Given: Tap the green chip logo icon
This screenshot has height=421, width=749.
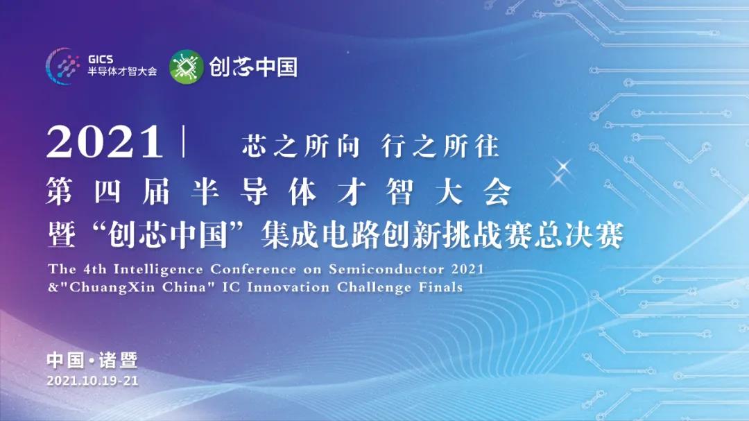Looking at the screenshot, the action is tap(187, 67).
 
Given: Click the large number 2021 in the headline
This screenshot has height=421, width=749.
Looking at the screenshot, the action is tap(105, 141).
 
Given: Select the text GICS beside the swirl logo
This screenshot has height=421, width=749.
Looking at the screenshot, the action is tap(101, 59).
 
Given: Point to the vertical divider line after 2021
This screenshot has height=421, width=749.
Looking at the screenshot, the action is tap(183, 141).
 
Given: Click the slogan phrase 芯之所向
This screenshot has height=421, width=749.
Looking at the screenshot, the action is tap(300, 146).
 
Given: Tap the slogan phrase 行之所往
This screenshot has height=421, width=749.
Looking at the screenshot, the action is tap(440, 146).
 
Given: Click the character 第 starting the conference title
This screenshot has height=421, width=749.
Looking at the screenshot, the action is tap(59, 192).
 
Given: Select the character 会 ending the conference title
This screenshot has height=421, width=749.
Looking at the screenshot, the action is tap(497, 192).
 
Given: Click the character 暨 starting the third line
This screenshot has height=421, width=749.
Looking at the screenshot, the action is tap(62, 235).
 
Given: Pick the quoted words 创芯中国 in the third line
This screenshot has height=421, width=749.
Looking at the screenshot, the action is tap(167, 235).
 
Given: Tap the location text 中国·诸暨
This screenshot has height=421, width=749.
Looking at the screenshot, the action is tap(92, 360).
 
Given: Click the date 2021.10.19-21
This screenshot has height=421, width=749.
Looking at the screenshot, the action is tap(93, 380).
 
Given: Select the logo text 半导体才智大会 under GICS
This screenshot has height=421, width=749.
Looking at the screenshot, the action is tap(122, 71).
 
